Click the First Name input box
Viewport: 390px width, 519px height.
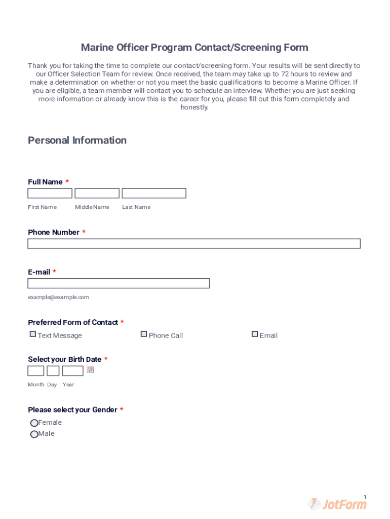tap(50, 193)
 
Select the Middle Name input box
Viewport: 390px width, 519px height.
tap(97, 193)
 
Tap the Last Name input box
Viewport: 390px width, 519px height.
tap(154, 193)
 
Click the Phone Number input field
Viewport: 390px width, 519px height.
tap(194, 244)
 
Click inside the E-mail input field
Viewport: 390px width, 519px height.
tap(119, 283)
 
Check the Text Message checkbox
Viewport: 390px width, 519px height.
tap(33, 335)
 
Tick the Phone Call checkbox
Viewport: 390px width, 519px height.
tap(144, 335)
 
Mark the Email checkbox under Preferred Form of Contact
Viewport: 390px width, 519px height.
tap(255, 335)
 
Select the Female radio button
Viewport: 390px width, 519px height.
tap(34, 423)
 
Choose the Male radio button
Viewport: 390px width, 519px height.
tap(34, 434)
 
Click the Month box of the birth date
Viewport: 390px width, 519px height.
tap(35, 370)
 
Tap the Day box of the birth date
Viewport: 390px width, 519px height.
tap(53, 370)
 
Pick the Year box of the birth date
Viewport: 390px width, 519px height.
tap(72, 370)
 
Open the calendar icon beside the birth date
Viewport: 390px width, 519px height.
tap(91, 370)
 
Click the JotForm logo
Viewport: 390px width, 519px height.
tap(337, 504)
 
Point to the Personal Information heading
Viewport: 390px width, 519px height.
tap(77, 140)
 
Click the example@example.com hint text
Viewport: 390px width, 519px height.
tap(58, 297)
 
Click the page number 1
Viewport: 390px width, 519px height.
tap(365, 497)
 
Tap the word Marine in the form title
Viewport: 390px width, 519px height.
tap(97, 48)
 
